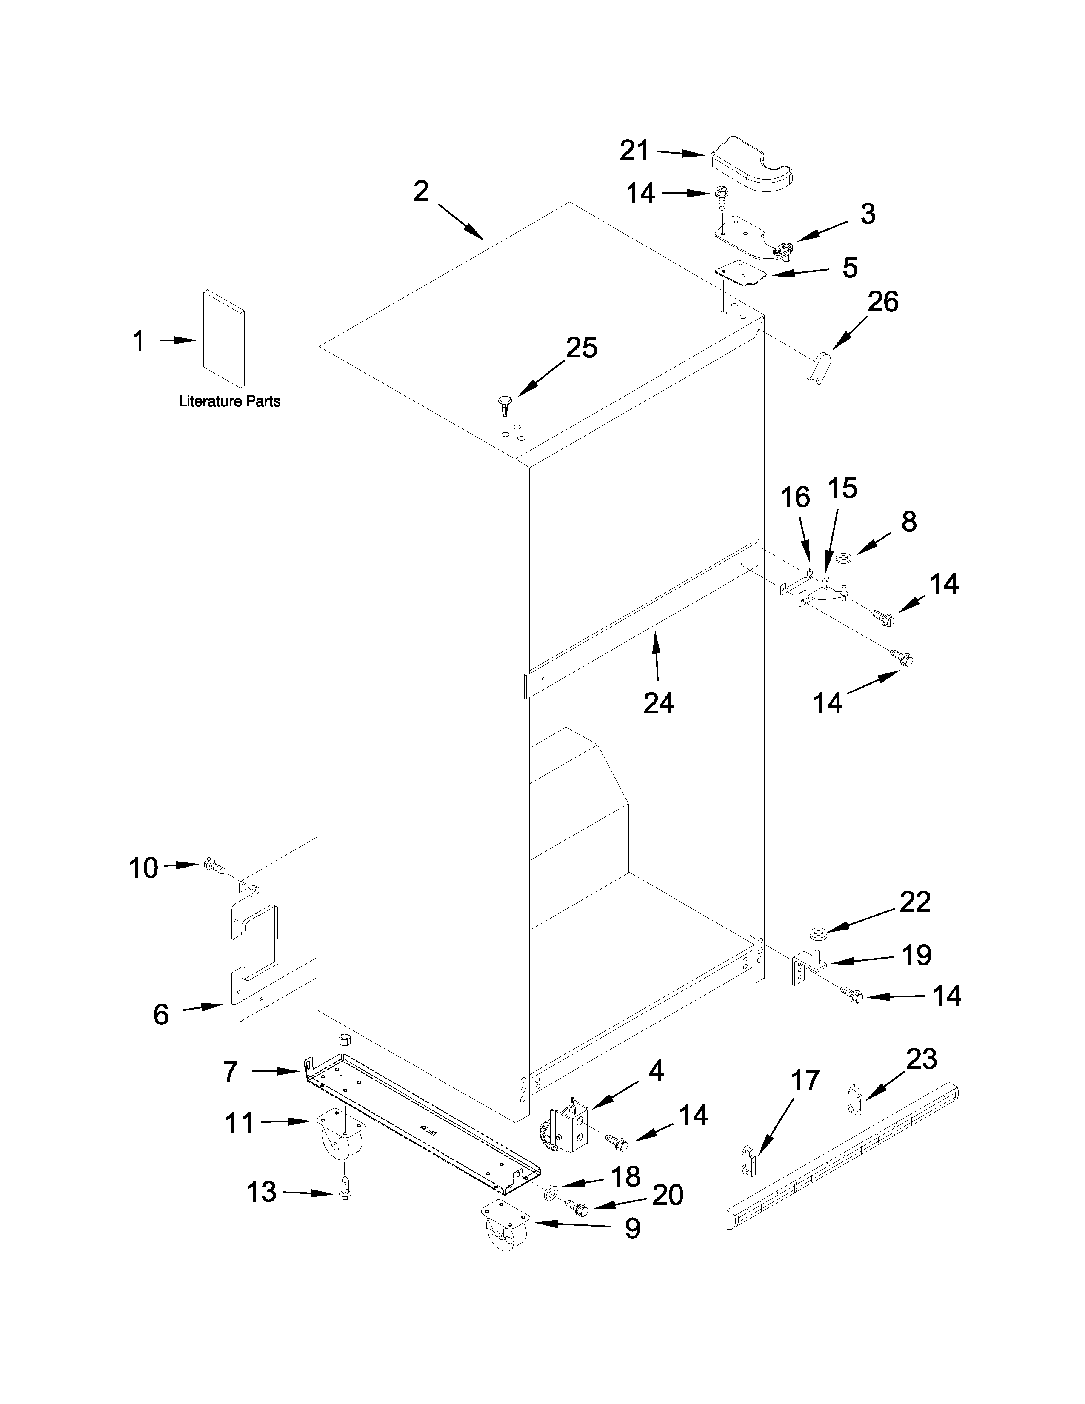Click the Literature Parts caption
tap(229, 402)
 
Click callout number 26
tap(882, 302)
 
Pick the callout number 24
tap(659, 703)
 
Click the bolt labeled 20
tap(577, 1207)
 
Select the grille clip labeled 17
tap(749, 1159)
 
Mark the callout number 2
tap(421, 191)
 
